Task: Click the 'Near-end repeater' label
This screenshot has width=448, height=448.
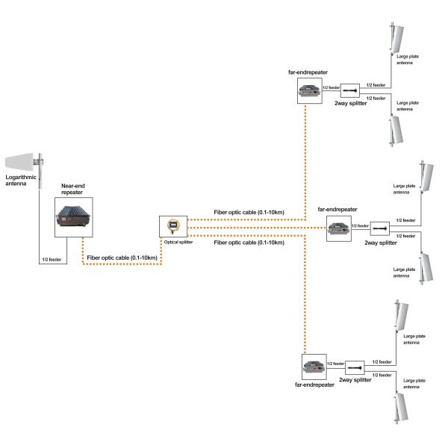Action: [x=72, y=190]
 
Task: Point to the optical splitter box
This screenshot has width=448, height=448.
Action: [x=172, y=225]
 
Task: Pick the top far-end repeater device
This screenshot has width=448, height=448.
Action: [x=308, y=92]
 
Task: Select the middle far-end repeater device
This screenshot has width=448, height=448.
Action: [x=338, y=230]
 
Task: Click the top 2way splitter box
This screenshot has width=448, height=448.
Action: [x=351, y=93]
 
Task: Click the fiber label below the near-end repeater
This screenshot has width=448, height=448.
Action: [x=122, y=258]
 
